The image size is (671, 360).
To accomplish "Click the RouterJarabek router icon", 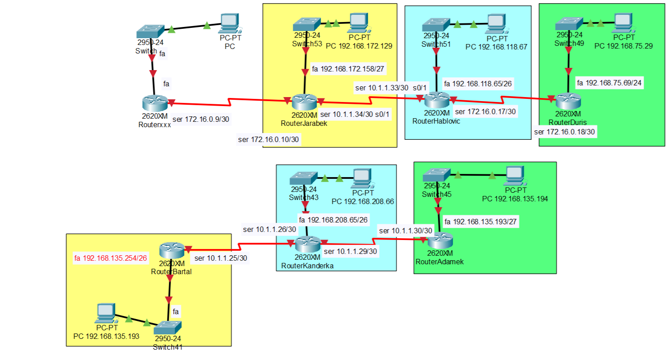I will tap(304, 102).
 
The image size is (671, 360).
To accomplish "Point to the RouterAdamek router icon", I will tap(440, 242).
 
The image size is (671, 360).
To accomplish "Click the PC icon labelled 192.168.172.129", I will tap(358, 22).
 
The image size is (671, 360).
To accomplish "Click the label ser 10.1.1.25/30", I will tap(221, 258).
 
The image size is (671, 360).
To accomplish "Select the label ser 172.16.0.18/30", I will tap(565, 132).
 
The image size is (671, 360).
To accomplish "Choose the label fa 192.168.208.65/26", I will tap(334, 220).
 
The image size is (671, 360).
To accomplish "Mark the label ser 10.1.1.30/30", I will tap(406, 231).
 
